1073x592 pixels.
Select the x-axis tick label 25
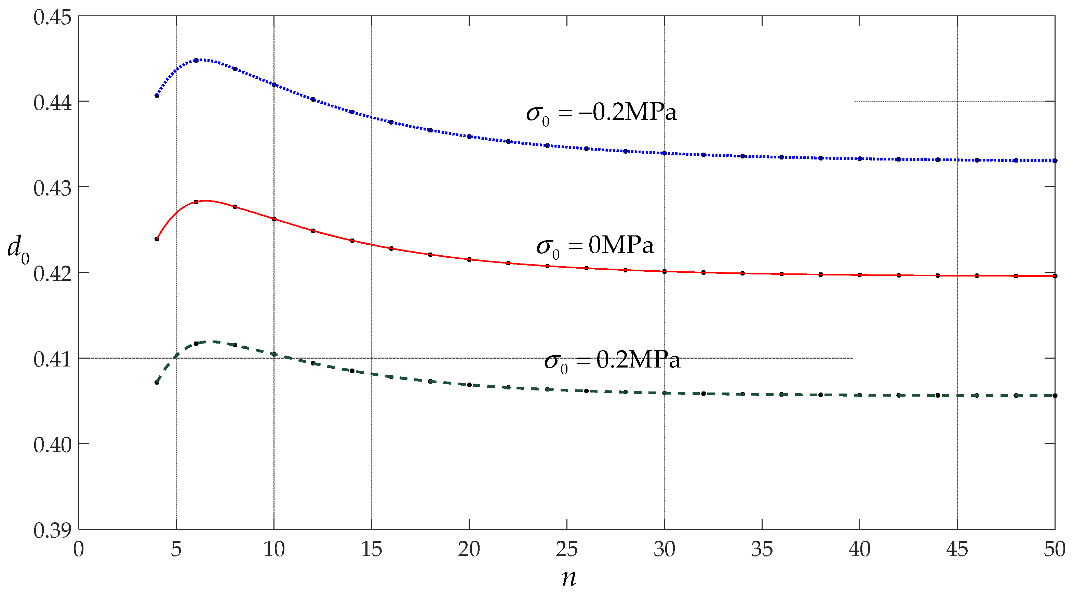pyautogui.click(x=566, y=550)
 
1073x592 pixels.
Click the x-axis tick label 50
pyautogui.click(x=1054, y=550)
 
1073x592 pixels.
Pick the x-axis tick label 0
pyautogui.click(x=79, y=550)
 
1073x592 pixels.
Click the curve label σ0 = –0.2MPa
pyautogui.click(x=601, y=113)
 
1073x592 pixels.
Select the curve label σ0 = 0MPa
pyautogui.click(x=595, y=246)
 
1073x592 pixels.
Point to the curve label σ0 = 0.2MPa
pyautogui.click(x=612, y=360)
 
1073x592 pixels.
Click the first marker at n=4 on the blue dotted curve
pyautogui.click(x=157, y=95)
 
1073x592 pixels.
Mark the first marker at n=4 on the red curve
pyautogui.click(x=157, y=239)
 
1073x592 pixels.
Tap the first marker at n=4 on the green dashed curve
pyautogui.click(x=157, y=382)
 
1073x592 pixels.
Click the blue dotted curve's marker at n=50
pyautogui.click(x=1055, y=160)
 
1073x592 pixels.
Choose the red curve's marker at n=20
pyautogui.click(x=469, y=259)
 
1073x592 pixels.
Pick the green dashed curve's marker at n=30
pyautogui.click(x=665, y=393)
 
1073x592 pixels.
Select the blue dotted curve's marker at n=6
pyautogui.click(x=196, y=61)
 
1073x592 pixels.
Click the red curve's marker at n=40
pyautogui.click(x=860, y=275)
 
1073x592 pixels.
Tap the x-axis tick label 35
pyautogui.click(x=762, y=550)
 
